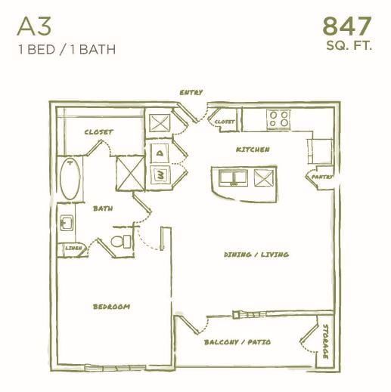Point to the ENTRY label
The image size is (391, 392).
pos(191,93)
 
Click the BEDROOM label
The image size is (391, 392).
pos(111,307)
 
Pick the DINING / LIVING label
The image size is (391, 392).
pos(256,255)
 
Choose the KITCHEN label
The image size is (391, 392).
pos(253,150)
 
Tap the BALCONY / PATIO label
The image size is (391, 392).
pos(237,342)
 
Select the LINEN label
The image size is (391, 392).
pos(73,247)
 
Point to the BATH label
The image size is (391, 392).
pos(103,207)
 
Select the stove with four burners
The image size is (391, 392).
pos(279,119)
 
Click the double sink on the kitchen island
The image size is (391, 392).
pos(231,178)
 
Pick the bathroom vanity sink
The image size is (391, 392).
pos(67,224)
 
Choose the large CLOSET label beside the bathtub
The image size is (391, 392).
pos(98,132)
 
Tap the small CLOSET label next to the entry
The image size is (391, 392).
pos(224,121)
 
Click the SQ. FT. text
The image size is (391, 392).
pos(349,47)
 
